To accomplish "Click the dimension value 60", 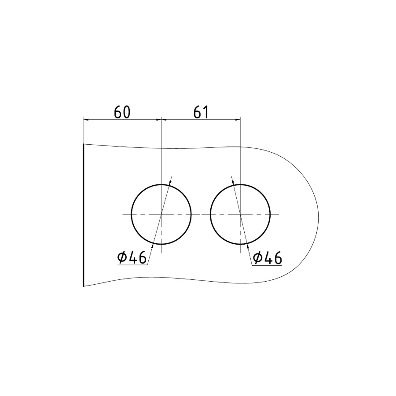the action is pos(122,112).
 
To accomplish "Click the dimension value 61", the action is pos(201,112).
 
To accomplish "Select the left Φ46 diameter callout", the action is pos(132,258).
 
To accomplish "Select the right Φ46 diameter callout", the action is pos(267,258).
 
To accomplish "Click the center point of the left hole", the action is pos(161,214).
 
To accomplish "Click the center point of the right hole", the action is pos(240,214).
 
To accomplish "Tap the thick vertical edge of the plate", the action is pos(83,215).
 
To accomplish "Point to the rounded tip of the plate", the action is pos(318,215).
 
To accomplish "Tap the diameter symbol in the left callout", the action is pos(122,258).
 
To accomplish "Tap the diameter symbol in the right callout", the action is pos(257,258).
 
